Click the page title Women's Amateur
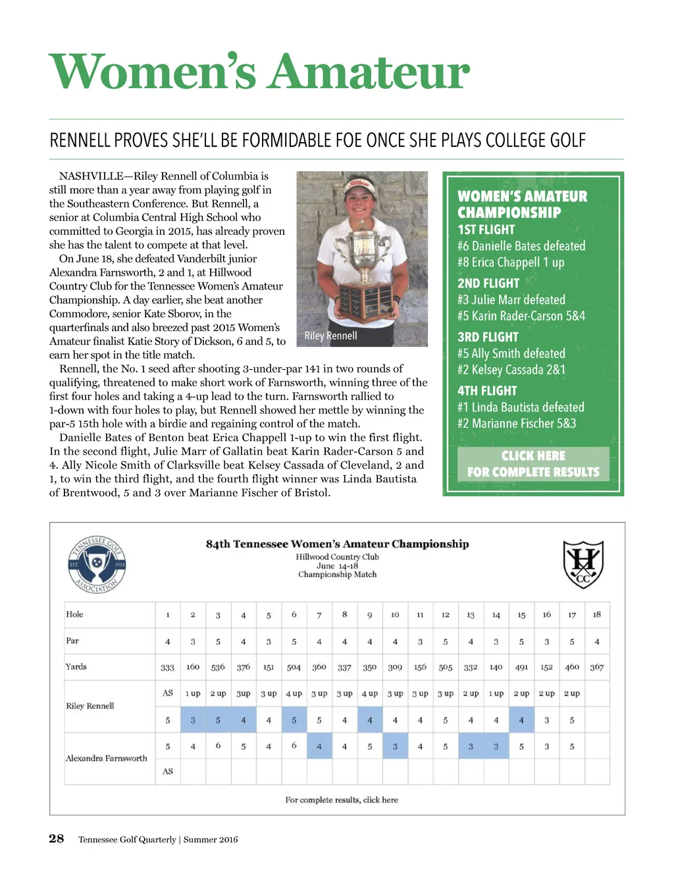click(259, 72)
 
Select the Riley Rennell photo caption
click(330, 336)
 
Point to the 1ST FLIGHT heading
click(486, 230)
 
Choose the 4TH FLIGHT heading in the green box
click(487, 391)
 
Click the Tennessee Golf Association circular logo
click(97, 565)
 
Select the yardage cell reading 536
click(218, 667)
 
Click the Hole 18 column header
click(596, 615)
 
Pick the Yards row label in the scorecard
click(76, 667)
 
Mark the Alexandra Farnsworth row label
click(107, 758)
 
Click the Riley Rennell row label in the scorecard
click(90, 706)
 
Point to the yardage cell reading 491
click(521, 667)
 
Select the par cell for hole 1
click(168, 642)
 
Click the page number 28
click(57, 838)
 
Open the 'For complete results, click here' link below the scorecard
click(341, 800)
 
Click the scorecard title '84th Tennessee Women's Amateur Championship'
click(337, 544)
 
